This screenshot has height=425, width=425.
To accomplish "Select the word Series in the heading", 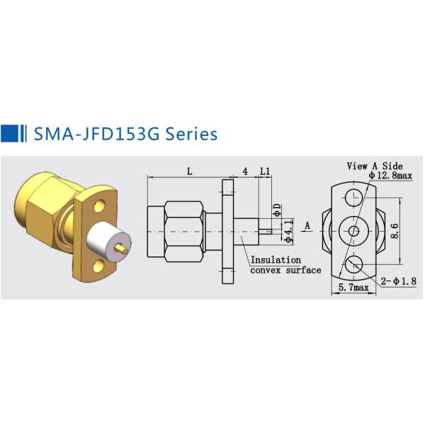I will coord(191,133).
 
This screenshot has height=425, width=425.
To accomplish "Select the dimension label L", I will coord(190,171).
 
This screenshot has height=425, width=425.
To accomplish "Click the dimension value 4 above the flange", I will coord(245,171).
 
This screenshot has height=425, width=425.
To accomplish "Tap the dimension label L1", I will coord(265,171).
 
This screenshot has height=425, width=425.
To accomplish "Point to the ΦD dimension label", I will coord(277,210).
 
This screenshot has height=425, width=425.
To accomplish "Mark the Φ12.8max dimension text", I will coord(390,175).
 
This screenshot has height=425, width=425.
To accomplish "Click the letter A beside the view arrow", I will coord(307,226).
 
